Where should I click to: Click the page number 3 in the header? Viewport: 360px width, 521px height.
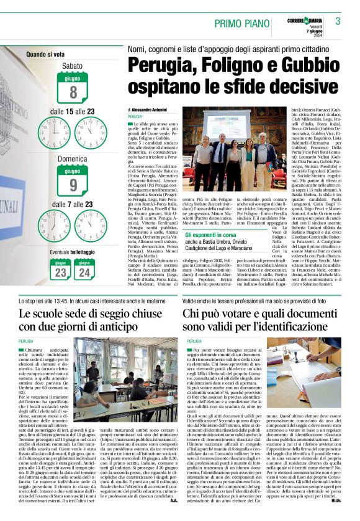coord(338,20)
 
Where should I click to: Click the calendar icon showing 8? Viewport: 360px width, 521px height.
coord(73,89)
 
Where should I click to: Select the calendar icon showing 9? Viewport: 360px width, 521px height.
coord(73,182)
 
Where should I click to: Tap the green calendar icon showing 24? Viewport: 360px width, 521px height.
coord(84,270)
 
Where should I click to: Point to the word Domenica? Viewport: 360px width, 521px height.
coord(73,159)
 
